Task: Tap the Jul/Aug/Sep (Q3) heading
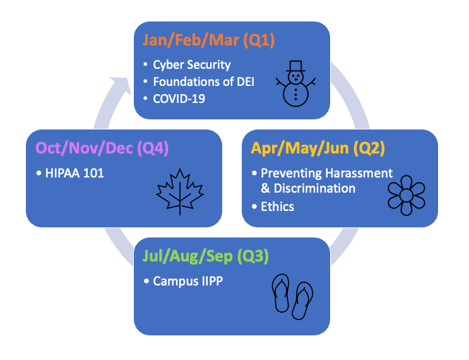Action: pos(207,257)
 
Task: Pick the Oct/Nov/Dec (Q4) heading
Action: pos(102,148)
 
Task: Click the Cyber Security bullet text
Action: pos(192,64)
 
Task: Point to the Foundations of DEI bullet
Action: pos(204,81)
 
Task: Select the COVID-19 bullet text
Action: pos(179,99)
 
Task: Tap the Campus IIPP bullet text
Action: pos(187,281)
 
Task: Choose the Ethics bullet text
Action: pos(277,206)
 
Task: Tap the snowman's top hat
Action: pos(295,66)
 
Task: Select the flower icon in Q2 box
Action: pos(406,195)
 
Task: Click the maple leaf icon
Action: pos(180,191)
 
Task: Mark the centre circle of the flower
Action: pos(406,195)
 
